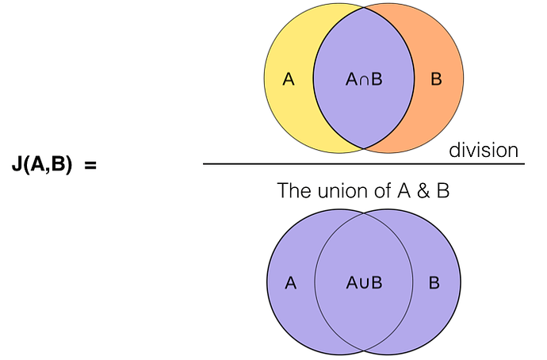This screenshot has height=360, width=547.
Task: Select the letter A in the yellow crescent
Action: (x=289, y=79)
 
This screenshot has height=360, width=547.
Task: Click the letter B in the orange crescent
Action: (x=435, y=79)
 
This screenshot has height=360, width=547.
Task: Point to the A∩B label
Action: (x=365, y=79)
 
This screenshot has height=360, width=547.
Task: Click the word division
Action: (x=484, y=150)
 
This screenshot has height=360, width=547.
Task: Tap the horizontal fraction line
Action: (x=364, y=164)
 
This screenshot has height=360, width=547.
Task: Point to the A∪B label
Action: (x=365, y=283)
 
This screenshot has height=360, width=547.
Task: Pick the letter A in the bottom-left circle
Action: (x=290, y=283)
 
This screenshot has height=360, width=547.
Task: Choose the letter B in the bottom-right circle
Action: (x=435, y=283)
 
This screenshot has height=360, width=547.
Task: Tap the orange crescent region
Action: (x=440, y=103)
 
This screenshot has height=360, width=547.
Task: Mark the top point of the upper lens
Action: (x=365, y=9)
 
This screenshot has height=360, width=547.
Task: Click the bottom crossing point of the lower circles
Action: (x=365, y=351)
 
